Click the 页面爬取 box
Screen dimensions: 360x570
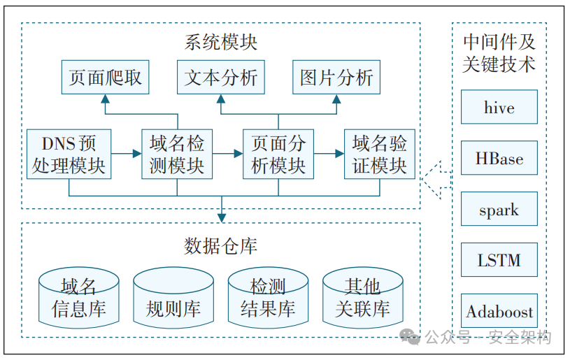[x=105, y=77]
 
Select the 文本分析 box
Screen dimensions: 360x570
[x=221, y=77]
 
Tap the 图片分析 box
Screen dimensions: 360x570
[x=336, y=77]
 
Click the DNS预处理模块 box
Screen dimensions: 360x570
[x=69, y=154]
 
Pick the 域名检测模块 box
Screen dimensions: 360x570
[x=177, y=154]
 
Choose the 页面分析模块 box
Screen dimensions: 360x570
[x=278, y=154]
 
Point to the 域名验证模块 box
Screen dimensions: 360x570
[x=379, y=154]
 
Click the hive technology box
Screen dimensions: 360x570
[x=499, y=108]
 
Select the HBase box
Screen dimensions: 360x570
[x=499, y=159]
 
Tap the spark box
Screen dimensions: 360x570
[x=499, y=210]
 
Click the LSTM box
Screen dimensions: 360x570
[x=499, y=261]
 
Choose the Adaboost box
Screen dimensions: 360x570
[x=499, y=312]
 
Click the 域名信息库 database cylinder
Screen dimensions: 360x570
[x=78, y=297]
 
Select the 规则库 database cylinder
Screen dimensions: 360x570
[x=173, y=297]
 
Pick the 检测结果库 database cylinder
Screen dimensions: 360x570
[x=268, y=297]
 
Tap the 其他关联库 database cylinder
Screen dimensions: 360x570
[x=362, y=297]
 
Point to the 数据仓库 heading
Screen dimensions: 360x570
[x=221, y=246]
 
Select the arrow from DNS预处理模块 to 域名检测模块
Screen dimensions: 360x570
[x=126, y=152]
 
